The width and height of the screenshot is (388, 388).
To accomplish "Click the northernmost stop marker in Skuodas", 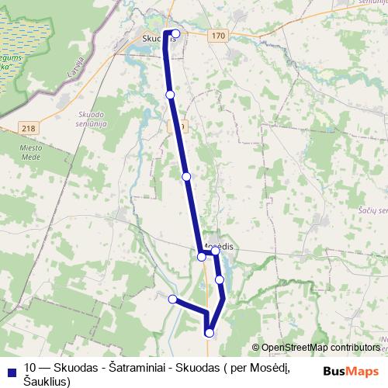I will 176,33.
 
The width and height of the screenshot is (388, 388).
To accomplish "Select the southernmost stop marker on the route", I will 210,333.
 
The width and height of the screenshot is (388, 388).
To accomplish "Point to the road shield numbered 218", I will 29,127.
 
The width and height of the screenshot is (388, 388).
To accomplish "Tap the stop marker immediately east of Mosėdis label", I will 217,252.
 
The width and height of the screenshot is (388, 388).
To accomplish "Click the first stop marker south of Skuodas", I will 170,95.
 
